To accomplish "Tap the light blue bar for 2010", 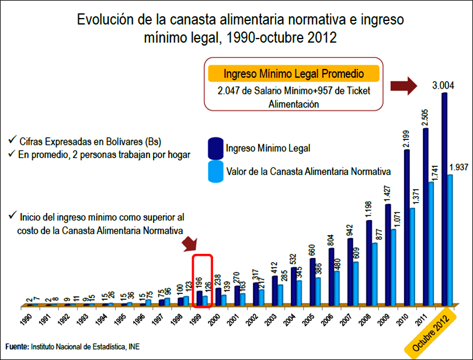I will [x=412, y=257].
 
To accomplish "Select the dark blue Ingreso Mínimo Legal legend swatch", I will [x=215, y=148].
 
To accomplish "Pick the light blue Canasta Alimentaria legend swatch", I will [x=215, y=172].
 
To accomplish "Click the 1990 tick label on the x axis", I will [x=24, y=321].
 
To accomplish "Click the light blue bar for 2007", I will [x=356, y=283].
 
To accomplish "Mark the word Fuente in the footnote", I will [x=16, y=347].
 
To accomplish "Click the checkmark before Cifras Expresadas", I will [x=13, y=141].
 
